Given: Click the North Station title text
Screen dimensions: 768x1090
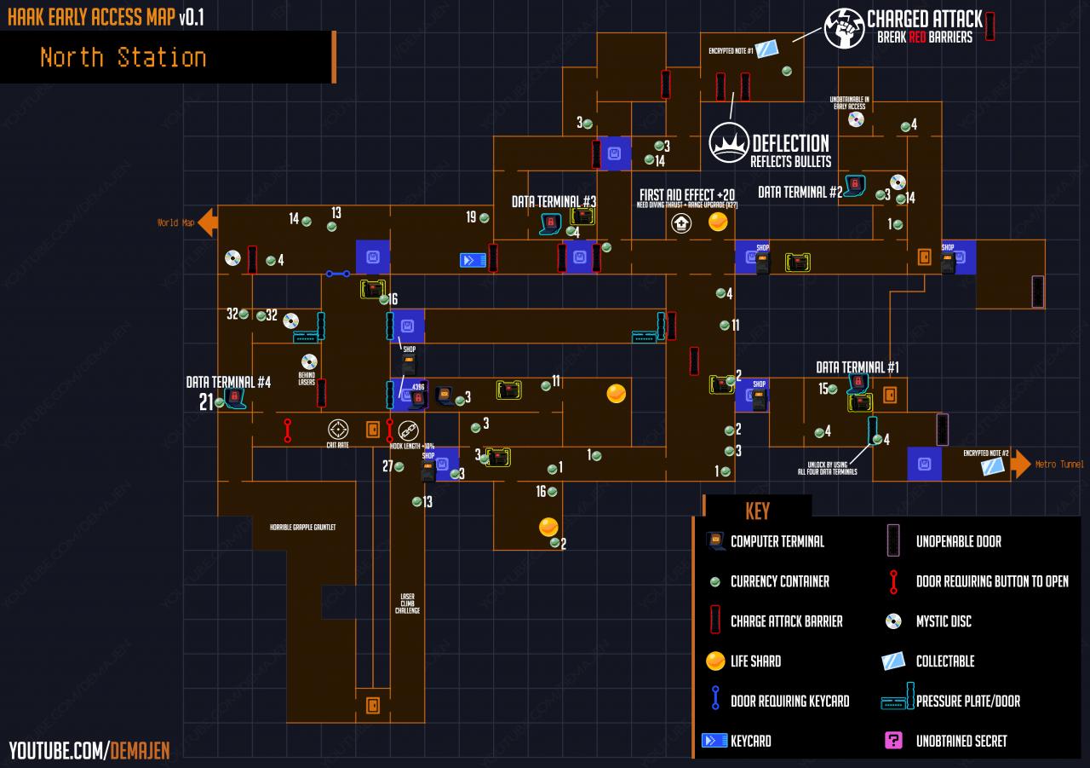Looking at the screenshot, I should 123,58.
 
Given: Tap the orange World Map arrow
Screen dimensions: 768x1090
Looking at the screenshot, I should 208,223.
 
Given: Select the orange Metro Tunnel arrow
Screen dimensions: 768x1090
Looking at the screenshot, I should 1020,465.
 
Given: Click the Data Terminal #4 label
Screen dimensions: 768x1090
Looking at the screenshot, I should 228,382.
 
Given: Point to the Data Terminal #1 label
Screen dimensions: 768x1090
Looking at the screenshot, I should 858,367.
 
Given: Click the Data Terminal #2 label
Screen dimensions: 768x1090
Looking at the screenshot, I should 800,193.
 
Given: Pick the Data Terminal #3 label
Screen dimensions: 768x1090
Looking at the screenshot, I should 554,202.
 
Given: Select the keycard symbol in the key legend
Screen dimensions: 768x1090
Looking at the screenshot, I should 714,741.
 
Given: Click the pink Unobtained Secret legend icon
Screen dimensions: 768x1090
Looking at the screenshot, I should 893,741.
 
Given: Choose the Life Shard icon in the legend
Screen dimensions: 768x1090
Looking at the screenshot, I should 715,661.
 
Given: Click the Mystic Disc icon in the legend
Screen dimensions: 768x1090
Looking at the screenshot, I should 893,621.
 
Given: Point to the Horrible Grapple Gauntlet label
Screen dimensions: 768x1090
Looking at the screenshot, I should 302,528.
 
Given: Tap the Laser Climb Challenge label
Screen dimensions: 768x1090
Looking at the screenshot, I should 407,603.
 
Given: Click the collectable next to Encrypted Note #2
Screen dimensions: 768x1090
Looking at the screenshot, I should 992,466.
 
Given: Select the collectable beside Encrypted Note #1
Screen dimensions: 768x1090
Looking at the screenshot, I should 770,48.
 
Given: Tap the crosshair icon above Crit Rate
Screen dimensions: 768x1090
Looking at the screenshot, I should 338,428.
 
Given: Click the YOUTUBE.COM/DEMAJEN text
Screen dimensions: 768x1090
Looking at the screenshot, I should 89,750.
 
